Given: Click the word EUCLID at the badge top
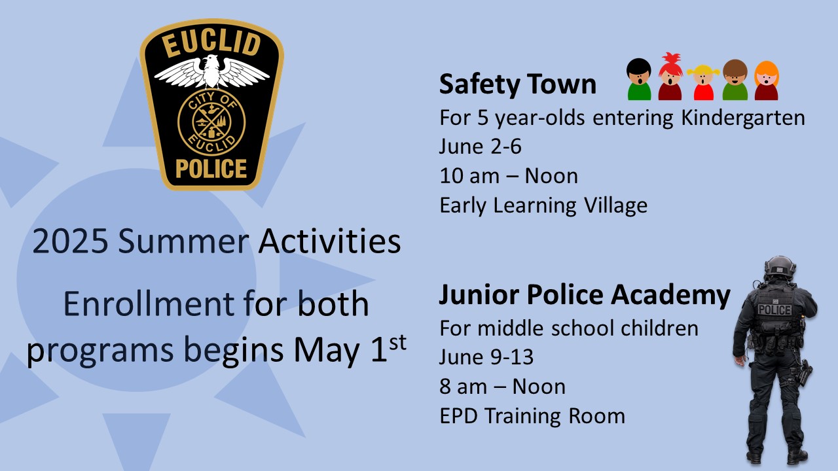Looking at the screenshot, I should coord(211,47).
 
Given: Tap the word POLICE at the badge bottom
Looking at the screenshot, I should coord(211,169).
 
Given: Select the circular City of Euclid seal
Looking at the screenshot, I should coord(211,121).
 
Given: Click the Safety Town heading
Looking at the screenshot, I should coord(517,85).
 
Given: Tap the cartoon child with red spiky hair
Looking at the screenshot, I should coord(670,78).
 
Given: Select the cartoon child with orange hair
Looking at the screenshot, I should coord(766,80).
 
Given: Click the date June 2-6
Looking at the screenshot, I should coord(481,147).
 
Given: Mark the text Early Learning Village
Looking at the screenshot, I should coord(543,205).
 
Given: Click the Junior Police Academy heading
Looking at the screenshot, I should coord(584,296).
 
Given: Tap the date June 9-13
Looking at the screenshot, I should coord(486,357).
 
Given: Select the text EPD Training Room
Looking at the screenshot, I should coord(532,415).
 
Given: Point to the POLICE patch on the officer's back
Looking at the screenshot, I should coord(774,309).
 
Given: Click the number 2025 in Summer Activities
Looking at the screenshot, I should coord(70,242).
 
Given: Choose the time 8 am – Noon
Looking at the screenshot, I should coord(502,387).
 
